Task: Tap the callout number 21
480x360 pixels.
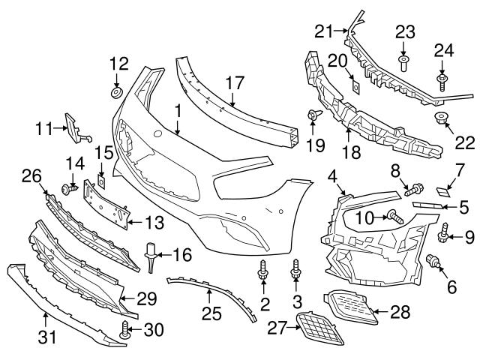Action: [324, 31]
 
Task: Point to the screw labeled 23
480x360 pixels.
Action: [403, 62]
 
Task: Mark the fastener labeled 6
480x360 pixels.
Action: [433, 262]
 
